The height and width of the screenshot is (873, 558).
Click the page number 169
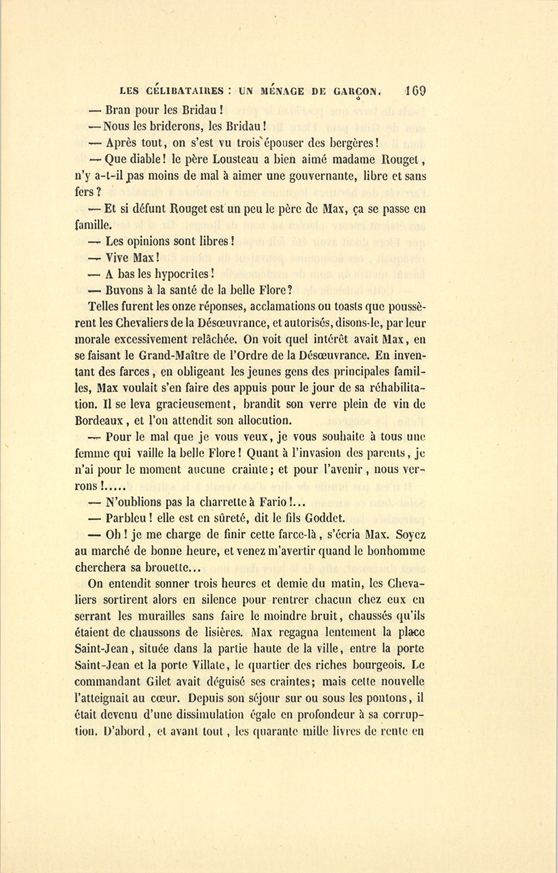(415, 90)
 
